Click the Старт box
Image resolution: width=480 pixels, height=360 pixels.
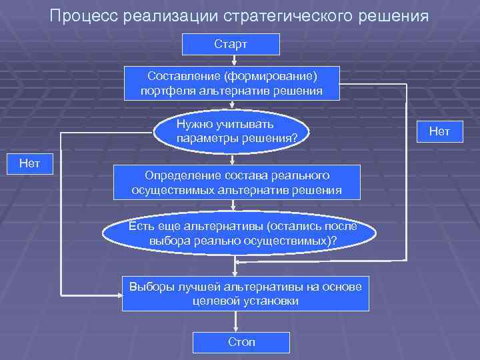pos(231,45)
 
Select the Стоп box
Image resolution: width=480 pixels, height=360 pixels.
pos(241,342)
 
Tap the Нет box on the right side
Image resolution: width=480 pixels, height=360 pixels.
pos(439,132)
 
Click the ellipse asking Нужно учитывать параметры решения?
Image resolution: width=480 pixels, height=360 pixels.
pos(231,131)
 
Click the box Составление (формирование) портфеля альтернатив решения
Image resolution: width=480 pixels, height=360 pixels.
pos(231,83)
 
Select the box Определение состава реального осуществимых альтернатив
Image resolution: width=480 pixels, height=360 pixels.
pos(237,182)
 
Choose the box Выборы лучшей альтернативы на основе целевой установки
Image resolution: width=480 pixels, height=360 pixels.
pos(245,293)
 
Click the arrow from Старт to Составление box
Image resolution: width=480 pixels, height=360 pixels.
pos(231,61)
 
